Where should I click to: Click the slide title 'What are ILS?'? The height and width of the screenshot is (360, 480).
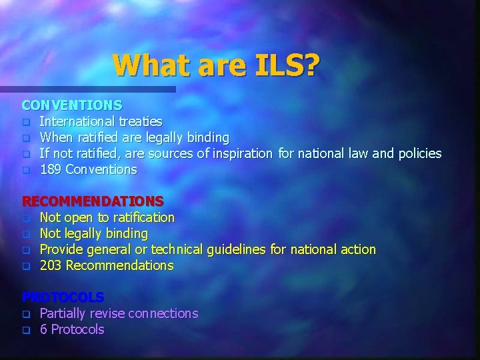coord(216,65)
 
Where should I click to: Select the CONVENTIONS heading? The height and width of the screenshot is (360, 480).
coord(72,105)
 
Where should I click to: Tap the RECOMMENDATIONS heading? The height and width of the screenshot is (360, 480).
coord(93,201)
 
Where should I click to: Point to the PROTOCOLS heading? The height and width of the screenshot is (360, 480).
coord(63,297)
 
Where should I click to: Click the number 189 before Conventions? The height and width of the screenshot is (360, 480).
coord(51,169)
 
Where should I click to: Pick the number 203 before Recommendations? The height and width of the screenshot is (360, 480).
coord(51,265)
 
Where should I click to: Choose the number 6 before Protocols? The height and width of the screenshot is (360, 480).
coord(43,329)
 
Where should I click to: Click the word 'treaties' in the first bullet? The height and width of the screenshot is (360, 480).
coord(140,121)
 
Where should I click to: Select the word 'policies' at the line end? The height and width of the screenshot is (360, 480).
coord(417,153)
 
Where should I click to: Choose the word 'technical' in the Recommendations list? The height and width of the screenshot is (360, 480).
coord(177,249)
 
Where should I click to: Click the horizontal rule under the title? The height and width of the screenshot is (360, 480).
coord(87,89)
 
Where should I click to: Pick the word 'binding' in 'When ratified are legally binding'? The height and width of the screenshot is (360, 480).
coord(206,137)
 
